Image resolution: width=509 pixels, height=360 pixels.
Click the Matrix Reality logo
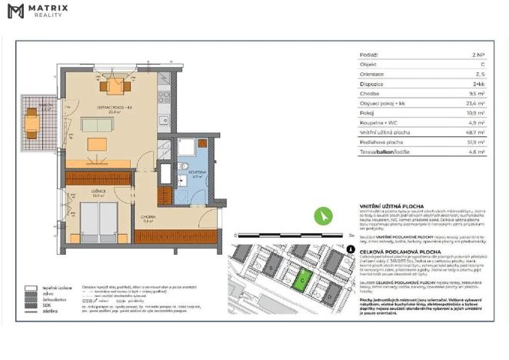[38, 11]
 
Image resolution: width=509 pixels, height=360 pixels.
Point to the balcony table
[32, 122]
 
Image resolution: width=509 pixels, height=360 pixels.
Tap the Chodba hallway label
[148, 218]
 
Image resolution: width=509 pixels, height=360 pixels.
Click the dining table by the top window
[115, 85]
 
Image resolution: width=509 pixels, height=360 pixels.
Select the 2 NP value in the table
[478, 55]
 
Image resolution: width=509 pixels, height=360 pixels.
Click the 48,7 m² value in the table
[476, 132]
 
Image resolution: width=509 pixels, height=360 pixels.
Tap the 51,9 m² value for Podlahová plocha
[476, 142]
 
